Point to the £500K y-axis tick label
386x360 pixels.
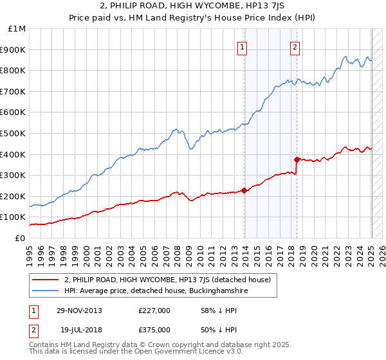point(14,133)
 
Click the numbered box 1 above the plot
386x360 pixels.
point(243,46)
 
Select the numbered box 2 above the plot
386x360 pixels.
point(295,46)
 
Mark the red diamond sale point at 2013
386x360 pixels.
point(244,190)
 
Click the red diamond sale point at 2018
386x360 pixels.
point(297,159)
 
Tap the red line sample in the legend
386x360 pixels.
point(46,280)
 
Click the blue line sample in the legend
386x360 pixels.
point(46,291)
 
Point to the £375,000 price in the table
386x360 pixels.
point(154,329)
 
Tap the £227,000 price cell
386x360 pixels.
point(154,310)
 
